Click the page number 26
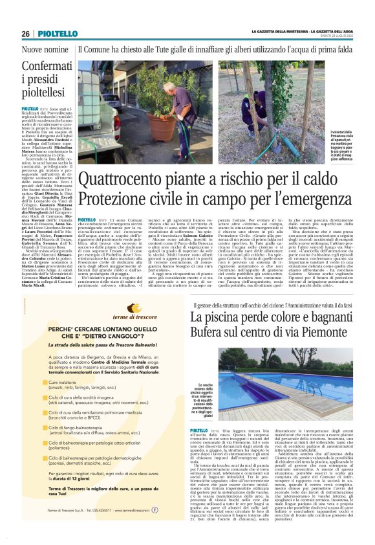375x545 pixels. pyautogui.click(x=26, y=34)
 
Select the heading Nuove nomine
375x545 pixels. pyautogui.click(x=45, y=49)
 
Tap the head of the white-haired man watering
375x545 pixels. pyautogui.click(x=169, y=87)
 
